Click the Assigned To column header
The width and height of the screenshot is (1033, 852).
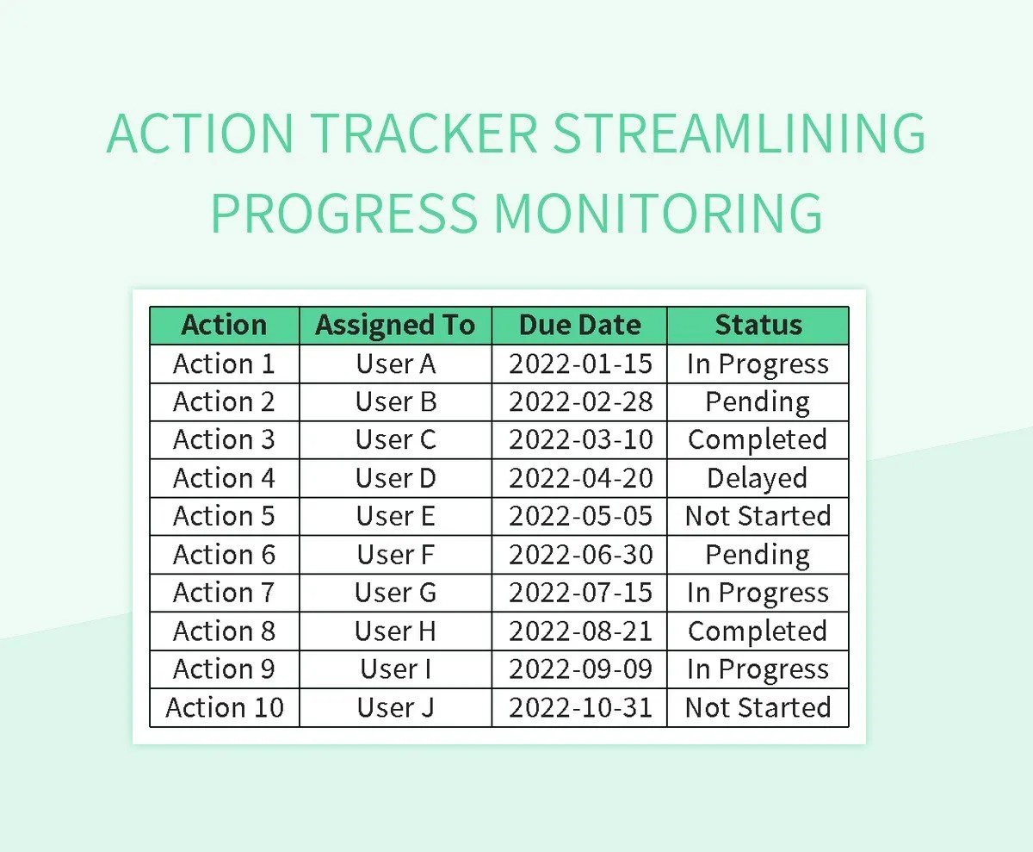point(395,326)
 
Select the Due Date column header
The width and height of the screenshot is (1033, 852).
point(579,326)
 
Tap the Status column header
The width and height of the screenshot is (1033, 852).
point(758,326)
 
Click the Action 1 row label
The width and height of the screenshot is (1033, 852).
point(224,364)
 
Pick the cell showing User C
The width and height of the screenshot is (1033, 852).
point(395,439)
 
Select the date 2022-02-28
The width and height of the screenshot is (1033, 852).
point(579,401)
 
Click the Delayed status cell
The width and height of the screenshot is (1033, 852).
point(758,478)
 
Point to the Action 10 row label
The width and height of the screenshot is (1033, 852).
point(224,707)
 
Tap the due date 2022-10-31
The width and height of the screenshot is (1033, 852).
point(579,707)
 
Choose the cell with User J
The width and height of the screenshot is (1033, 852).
point(395,707)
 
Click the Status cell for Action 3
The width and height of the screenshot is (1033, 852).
point(758,439)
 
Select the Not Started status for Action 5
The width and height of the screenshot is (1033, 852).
point(758,516)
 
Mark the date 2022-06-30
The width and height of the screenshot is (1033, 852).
point(579,554)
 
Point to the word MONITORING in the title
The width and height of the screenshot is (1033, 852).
point(663,213)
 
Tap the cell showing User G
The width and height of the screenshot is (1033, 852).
point(395,593)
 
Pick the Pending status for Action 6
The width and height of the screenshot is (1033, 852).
point(758,554)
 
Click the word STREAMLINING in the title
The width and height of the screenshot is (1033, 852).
point(739,134)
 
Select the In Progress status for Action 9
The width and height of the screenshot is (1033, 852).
point(758,669)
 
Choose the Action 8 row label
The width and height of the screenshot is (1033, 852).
point(224,631)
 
